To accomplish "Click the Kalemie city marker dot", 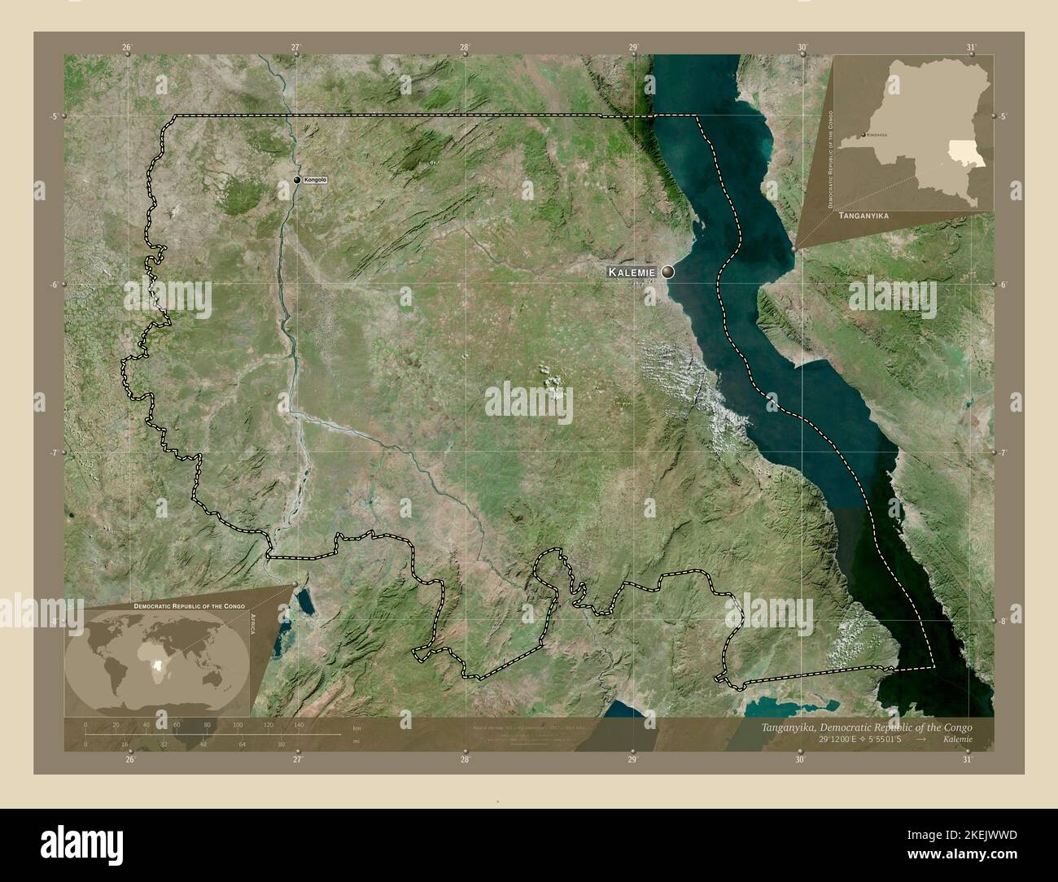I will [668, 273].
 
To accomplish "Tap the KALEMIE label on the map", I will [632, 273].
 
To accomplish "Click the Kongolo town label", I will [314, 179].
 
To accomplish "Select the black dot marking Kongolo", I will [297, 180].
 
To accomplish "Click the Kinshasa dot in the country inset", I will [863, 134].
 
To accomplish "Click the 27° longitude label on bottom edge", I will [297, 760].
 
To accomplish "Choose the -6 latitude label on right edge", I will [1005, 285].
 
